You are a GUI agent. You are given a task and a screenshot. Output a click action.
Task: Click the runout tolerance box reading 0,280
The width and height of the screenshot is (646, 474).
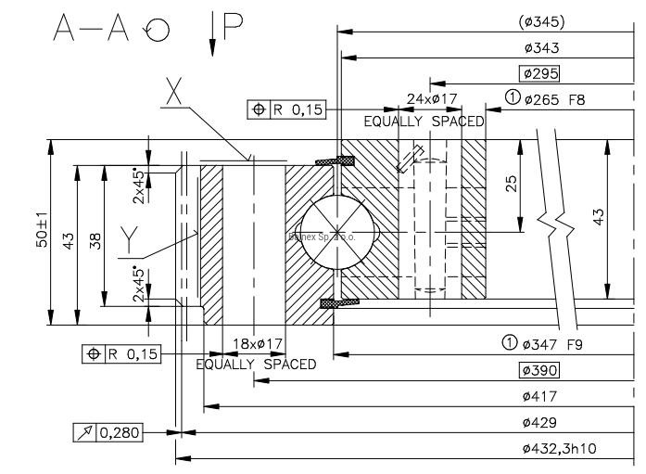[108, 431]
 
